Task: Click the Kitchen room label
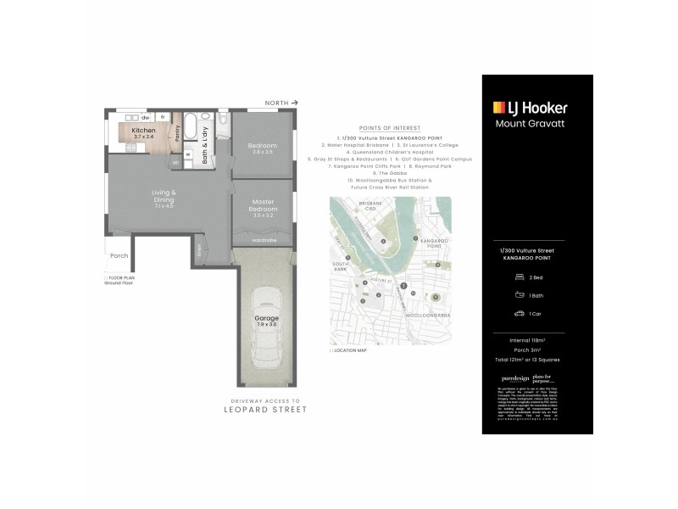click(144, 131)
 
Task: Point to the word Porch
click(119, 255)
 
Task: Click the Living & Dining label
click(164, 196)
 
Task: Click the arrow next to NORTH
click(293, 101)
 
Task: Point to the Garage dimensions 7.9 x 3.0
click(267, 322)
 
